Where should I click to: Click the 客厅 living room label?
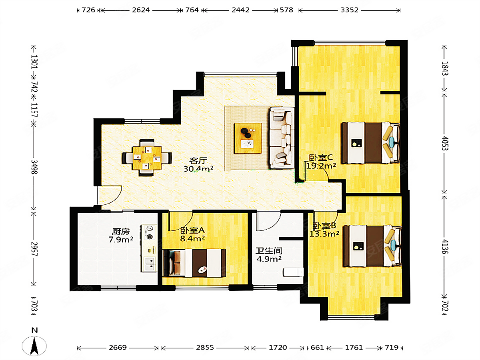198,161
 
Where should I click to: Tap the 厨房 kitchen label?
121,231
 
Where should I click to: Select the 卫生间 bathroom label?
269,251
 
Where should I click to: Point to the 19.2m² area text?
321,166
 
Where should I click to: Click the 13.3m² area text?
324,234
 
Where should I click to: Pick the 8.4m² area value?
192,238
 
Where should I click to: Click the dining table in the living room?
147,158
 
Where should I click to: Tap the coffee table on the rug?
248,138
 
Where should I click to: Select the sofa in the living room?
282,138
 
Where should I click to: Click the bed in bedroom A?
194,263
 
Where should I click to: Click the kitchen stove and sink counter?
149,248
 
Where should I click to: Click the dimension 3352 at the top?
349,10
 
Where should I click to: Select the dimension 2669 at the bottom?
118,348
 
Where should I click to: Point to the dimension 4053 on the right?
445,143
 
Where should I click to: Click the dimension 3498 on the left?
34,167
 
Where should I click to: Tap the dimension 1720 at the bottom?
278,348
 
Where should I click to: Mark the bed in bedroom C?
371,143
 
